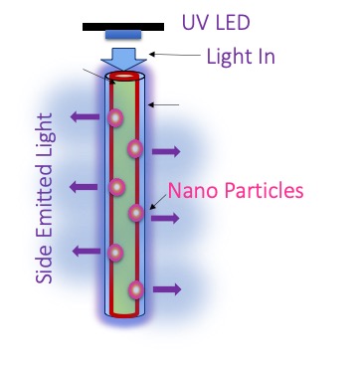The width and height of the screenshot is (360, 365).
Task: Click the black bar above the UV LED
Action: (x=123, y=27)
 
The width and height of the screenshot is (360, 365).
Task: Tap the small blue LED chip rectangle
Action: (x=123, y=35)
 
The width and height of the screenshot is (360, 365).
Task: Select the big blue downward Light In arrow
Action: (x=123, y=59)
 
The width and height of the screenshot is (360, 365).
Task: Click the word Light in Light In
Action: (x=232, y=57)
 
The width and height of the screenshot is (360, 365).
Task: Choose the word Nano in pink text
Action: (x=192, y=191)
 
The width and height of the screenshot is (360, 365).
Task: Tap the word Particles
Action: (x=262, y=191)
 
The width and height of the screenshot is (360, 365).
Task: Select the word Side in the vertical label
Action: (x=45, y=266)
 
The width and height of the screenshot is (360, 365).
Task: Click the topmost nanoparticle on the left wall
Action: (x=115, y=117)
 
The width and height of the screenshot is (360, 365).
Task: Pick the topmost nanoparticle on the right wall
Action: (x=135, y=148)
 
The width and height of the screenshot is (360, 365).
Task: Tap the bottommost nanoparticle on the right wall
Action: (x=136, y=289)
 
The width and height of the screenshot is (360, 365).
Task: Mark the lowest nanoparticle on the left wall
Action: (x=115, y=253)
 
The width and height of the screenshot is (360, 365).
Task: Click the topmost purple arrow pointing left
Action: (x=85, y=116)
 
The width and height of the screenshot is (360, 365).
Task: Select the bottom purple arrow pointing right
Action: (x=167, y=289)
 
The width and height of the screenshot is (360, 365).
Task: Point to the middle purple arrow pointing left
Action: (x=84, y=187)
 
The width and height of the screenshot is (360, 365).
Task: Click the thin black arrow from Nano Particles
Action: (x=158, y=202)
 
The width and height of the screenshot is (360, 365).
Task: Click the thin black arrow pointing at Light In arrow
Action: (x=175, y=55)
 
